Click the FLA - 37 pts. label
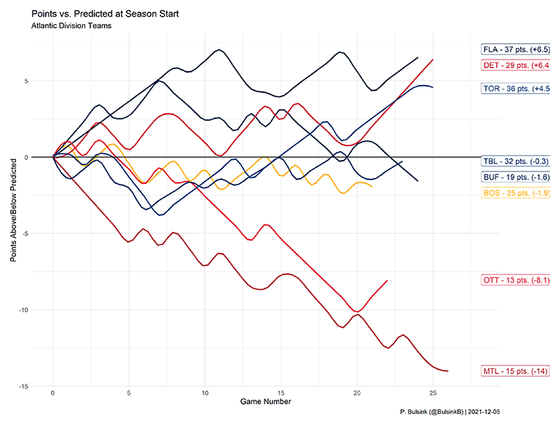[515, 50]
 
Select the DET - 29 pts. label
[515, 65]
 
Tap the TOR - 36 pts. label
[515, 89]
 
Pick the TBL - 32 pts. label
[515, 161]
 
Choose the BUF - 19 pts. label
[515, 177]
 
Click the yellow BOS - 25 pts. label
[515, 193]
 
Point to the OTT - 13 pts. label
[515, 280]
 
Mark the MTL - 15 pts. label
[515, 371]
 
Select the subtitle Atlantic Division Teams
[70, 27]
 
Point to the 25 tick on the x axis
[433, 392]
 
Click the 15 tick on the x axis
[281, 392]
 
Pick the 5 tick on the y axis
[44, 81]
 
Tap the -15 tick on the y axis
[41, 386]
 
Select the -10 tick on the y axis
[41, 309]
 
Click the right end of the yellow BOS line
[372, 187]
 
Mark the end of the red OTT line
[387, 280]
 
